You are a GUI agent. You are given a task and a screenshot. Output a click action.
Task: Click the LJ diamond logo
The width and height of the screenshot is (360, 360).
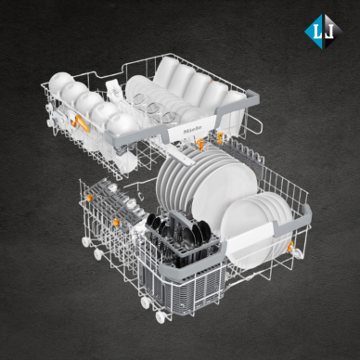coord(324,32)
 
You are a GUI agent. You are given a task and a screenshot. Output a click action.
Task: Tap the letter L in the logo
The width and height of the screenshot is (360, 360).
coord(318,32)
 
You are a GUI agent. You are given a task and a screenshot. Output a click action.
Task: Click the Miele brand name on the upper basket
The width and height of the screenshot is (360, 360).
coord(192,129)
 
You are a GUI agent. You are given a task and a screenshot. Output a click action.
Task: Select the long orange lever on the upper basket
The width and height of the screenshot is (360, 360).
coord(80,122)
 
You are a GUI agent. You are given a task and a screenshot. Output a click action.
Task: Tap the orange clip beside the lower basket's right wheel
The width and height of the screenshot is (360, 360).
coord(290,247)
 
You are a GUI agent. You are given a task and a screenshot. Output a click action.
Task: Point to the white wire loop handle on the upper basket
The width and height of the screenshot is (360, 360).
coord(253,123)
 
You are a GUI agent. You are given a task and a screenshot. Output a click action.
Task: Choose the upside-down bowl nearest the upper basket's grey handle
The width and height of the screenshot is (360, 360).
coord(122,123)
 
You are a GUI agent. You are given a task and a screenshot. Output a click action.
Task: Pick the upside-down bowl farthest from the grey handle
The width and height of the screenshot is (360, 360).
coord(61,80)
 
